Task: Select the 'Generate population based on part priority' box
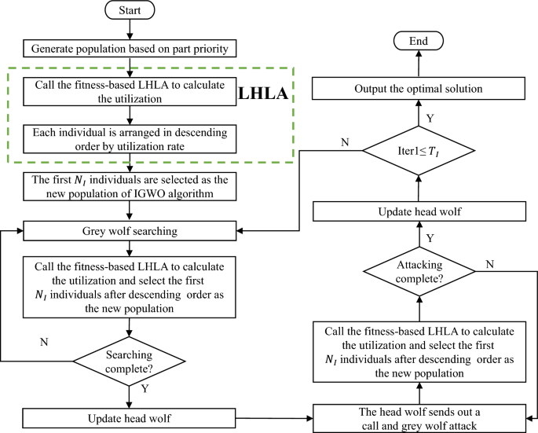130,49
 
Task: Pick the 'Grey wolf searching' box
130,231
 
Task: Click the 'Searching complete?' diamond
130,360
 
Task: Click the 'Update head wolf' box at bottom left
130,418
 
